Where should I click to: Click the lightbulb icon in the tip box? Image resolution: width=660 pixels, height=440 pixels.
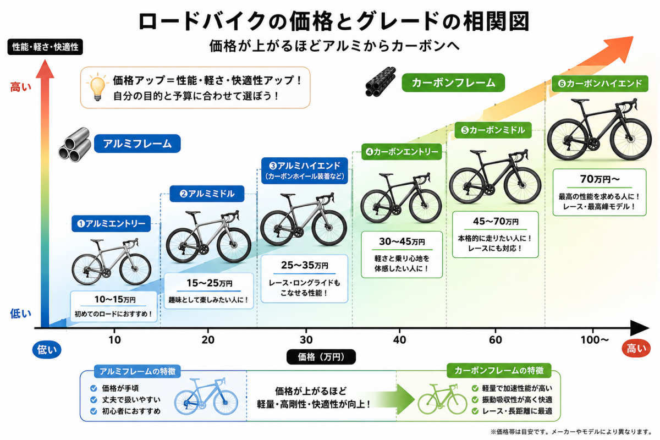point(97,87)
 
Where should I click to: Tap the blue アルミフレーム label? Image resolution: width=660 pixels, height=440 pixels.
point(137,144)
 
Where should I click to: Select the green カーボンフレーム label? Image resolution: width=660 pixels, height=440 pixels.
point(453,83)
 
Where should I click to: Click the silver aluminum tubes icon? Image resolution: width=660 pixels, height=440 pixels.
point(75,145)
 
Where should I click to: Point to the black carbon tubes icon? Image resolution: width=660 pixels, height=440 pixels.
point(380,82)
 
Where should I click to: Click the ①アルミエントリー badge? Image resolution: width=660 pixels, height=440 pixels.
point(111,224)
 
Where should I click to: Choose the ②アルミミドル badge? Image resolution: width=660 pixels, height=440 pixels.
point(207,194)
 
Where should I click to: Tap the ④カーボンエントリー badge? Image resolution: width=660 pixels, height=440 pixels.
point(402,152)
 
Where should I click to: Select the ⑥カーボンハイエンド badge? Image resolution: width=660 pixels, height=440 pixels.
point(599,84)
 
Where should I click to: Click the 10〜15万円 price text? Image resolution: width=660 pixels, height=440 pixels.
point(115,299)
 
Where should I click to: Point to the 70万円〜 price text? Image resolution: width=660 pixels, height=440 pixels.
point(599,179)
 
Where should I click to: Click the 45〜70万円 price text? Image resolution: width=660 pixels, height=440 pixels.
point(496,221)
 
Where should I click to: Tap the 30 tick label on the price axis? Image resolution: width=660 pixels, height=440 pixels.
point(306,340)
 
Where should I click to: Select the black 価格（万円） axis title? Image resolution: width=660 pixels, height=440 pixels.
point(321,357)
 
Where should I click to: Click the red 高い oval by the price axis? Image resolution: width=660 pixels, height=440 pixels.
point(636,349)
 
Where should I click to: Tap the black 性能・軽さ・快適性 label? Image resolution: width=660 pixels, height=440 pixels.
point(45,47)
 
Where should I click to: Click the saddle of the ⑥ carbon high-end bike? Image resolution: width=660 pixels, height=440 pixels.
point(580,101)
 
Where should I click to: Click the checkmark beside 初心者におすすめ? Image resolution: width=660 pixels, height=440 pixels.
point(94,411)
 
